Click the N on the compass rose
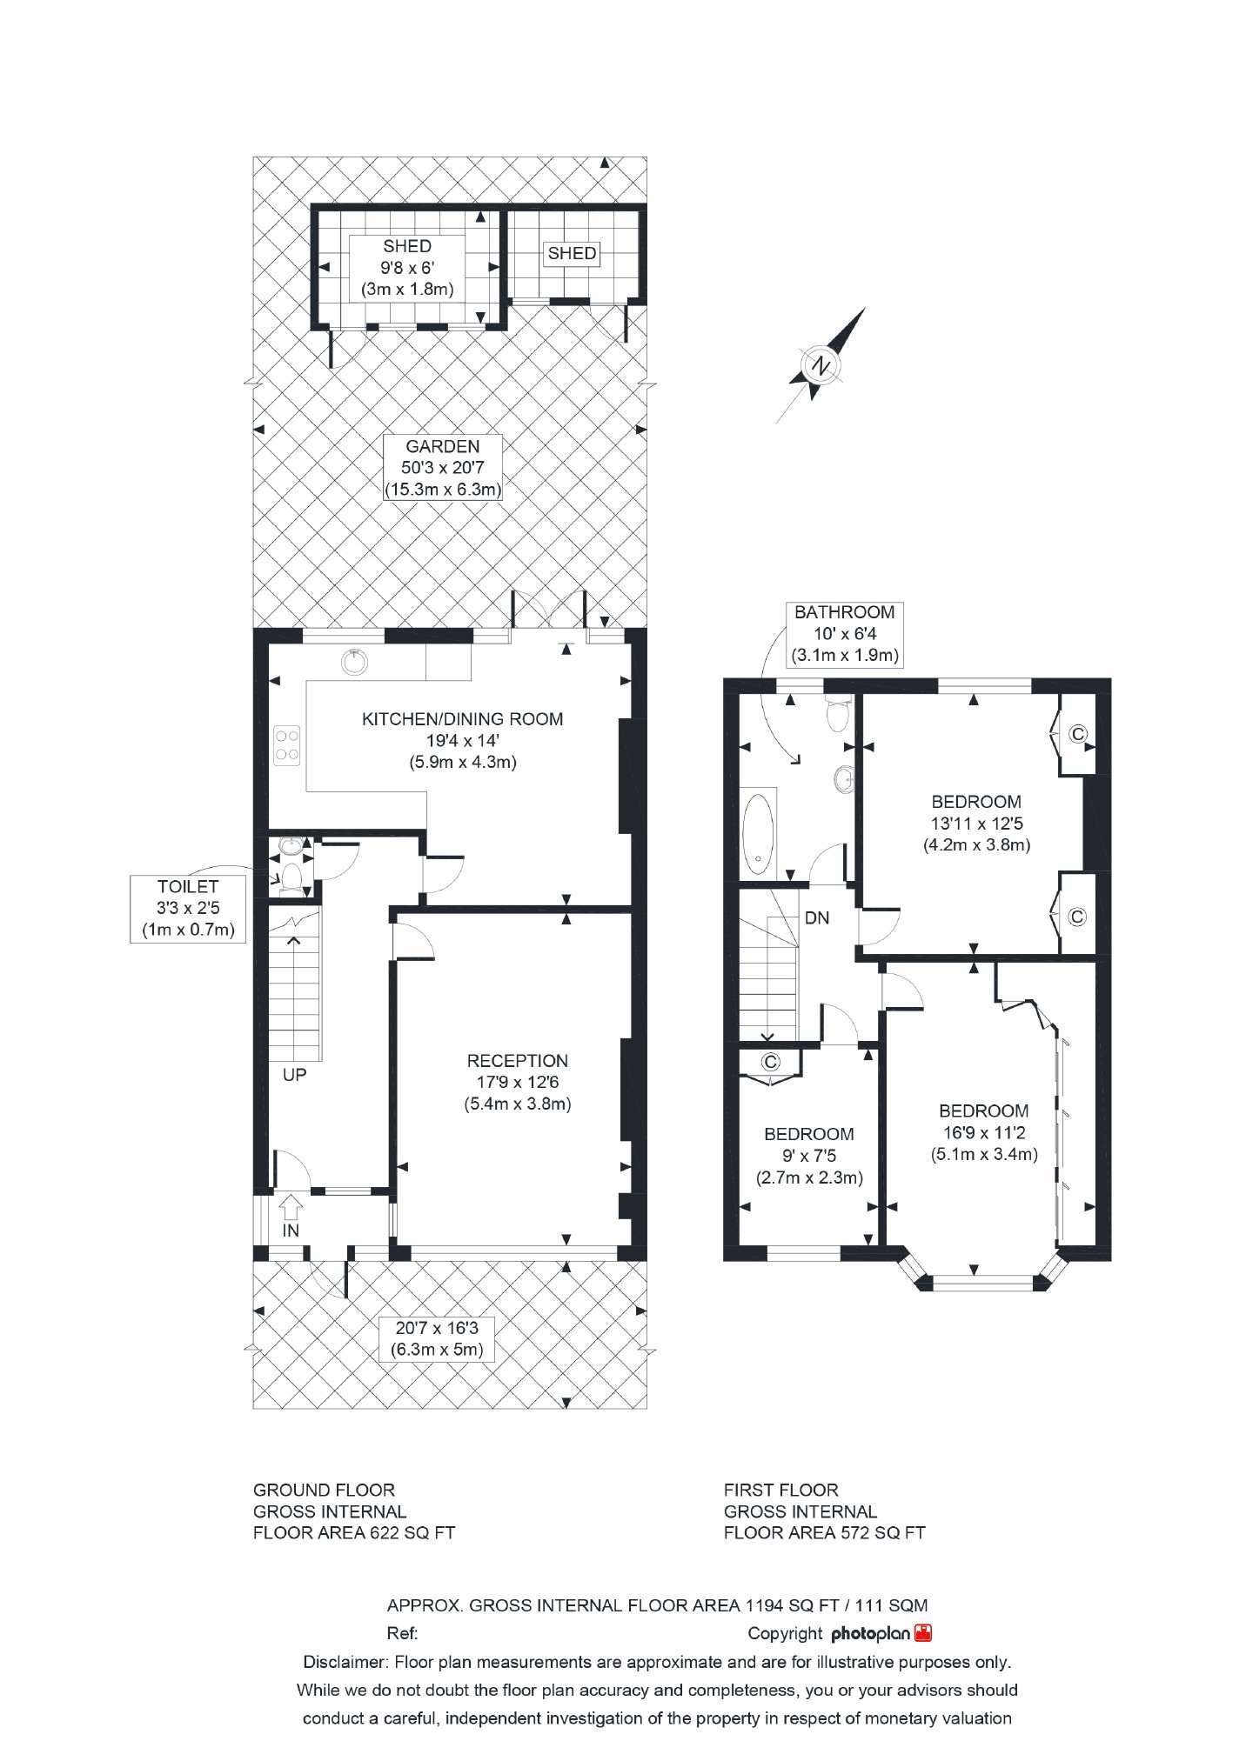(819, 365)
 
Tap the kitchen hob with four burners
(288, 744)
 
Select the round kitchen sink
(354, 662)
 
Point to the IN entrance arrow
(291, 1207)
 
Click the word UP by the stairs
(294, 1075)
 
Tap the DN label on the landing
(817, 917)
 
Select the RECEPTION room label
(518, 1061)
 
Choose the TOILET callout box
(188, 908)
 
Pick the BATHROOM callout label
(844, 634)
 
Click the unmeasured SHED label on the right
(572, 253)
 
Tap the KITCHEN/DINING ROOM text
(462, 719)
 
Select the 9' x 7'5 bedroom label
(809, 1156)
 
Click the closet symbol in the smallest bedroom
(770, 1062)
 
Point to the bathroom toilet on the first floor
(837, 716)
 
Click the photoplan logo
(881, 1633)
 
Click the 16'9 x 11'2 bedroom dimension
(984, 1133)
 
